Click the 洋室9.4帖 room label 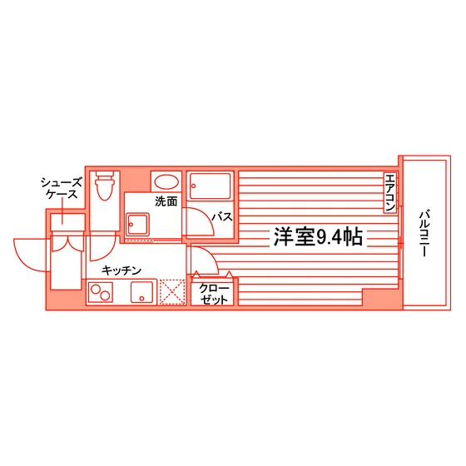[318, 237]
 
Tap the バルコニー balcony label [424, 234]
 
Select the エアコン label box [390, 192]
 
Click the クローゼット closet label [214, 294]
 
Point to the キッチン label [121, 270]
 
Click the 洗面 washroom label [166, 201]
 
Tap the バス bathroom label [222, 217]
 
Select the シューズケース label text [61, 188]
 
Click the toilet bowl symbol [105, 186]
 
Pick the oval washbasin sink [166, 182]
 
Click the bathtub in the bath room [210, 186]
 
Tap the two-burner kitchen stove [101, 292]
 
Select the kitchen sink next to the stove [141, 292]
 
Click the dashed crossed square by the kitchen [172, 292]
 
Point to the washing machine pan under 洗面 [137, 225]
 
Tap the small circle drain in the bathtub [193, 186]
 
